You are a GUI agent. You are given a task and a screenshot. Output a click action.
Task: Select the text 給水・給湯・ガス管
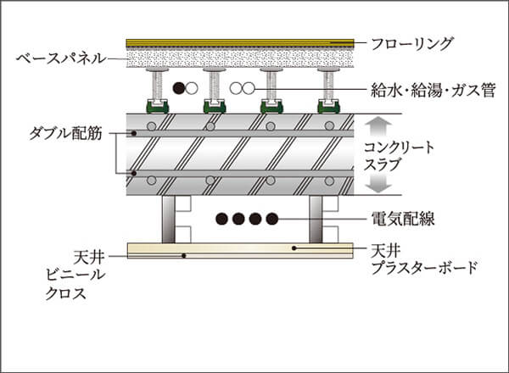[428, 88]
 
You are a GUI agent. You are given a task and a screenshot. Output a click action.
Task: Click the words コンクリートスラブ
[399, 156]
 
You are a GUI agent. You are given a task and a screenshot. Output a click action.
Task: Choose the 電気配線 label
[398, 220]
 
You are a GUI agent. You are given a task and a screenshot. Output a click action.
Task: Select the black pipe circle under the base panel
[178, 87]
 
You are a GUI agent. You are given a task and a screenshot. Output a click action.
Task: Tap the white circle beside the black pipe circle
[193, 87]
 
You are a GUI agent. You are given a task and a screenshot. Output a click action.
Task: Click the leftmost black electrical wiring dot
[222, 219]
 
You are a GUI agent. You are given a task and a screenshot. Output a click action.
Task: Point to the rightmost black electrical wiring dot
[271, 219]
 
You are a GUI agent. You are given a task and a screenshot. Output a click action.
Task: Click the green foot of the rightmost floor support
[329, 107]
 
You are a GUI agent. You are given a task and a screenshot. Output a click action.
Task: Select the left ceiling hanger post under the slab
[168, 219]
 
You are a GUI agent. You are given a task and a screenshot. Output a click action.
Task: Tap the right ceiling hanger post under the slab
[316, 219]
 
